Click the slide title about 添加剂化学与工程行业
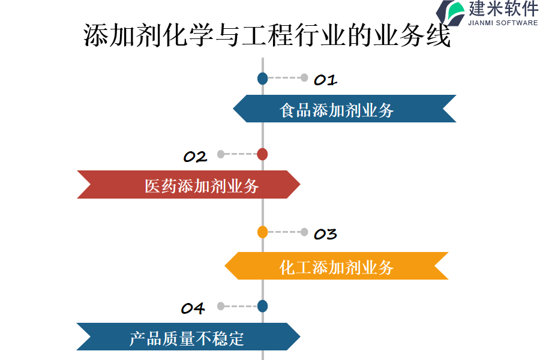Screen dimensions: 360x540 (x=267, y=37)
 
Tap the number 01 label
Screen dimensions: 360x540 (x=325, y=80)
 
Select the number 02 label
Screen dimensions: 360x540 (x=195, y=157)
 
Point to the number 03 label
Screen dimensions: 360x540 (x=325, y=234)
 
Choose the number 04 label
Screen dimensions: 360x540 (x=193, y=308)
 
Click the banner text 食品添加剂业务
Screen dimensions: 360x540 (x=337, y=110)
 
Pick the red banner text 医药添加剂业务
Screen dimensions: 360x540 (x=202, y=186)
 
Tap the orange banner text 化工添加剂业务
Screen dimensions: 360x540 (x=337, y=267)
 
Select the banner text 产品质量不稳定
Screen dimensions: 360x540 (x=187, y=338)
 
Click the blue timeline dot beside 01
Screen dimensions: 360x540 (x=262, y=78)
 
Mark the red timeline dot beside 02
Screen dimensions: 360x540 (x=262, y=154)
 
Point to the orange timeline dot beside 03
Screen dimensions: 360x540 (x=262, y=232)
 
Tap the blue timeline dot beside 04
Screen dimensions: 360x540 (x=262, y=306)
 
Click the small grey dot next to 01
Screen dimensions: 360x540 (x=304, y=77)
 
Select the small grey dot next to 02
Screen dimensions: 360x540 (x=221, y=154)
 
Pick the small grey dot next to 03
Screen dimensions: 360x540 (x=304, y=232)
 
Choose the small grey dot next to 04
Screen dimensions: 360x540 (x=221, y=306)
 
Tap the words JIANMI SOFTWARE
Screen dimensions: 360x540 (x=503, y=23)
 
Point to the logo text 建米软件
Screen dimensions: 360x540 (x=503, y=9)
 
